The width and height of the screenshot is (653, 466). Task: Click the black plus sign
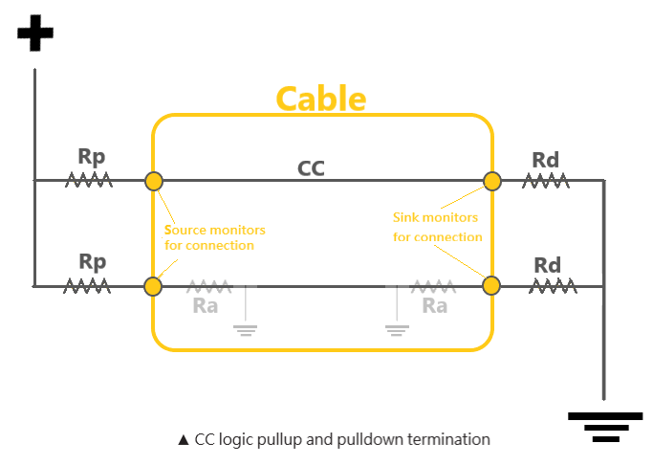coord(35,33)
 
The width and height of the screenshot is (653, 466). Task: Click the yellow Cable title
coord(321,99)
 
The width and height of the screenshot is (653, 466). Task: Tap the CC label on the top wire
coord(311,168)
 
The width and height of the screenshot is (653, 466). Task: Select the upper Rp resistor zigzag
coord(89,180)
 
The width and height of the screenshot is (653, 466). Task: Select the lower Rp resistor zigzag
coord(87,286)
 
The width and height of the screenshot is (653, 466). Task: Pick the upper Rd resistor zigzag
coord(546,181)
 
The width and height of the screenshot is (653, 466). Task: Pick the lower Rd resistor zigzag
coord(553,286)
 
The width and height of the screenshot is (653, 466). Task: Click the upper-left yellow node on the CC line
coord(154,181)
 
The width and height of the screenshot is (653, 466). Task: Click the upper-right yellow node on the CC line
coord(492,181)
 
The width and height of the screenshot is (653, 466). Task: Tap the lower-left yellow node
coord(153,287)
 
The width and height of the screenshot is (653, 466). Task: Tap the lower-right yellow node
coord(491,286)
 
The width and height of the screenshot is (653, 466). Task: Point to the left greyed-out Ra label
coord(206,306)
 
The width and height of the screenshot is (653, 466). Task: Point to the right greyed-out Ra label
coord(435,306)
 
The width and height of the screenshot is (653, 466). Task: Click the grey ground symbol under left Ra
coord(246,330)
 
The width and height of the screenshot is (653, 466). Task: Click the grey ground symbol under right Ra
coord(397,330)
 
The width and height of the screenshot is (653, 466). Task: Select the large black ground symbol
coord(605,427)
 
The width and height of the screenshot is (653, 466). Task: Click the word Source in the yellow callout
coord(185,230)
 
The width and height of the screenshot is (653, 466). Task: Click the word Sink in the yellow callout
coord(405,217)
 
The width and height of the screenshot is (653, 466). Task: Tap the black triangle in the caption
coord(184,440)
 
